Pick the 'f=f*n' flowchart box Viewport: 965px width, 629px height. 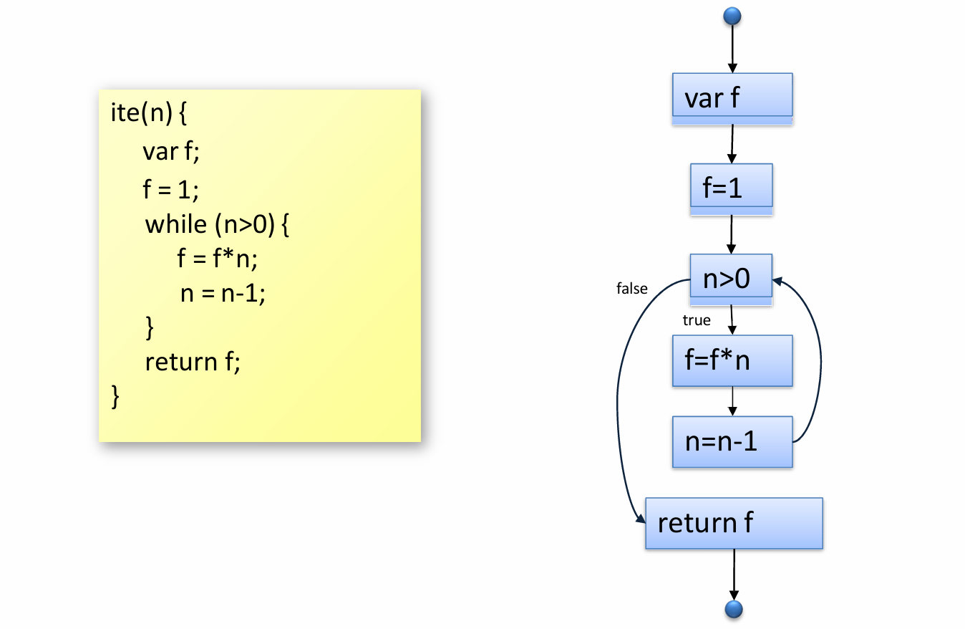[x=732, y=360]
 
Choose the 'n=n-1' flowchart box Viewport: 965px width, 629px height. [x=732, y=441]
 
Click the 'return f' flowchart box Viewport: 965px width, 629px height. [x=734, y=523]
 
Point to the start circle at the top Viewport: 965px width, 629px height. [x=732, y=15]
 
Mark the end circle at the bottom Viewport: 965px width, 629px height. [x=734, y=609]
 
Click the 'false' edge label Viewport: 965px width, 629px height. [x=631, y=289]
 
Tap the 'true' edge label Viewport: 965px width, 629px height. [x=696, y=320]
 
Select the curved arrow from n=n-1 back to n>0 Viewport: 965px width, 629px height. [x=819, y=358]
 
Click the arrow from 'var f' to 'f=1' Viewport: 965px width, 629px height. [x=732, y=144]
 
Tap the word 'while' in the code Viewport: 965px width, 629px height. [x=175, y=225]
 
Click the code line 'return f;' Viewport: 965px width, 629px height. [x=193, y=362]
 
